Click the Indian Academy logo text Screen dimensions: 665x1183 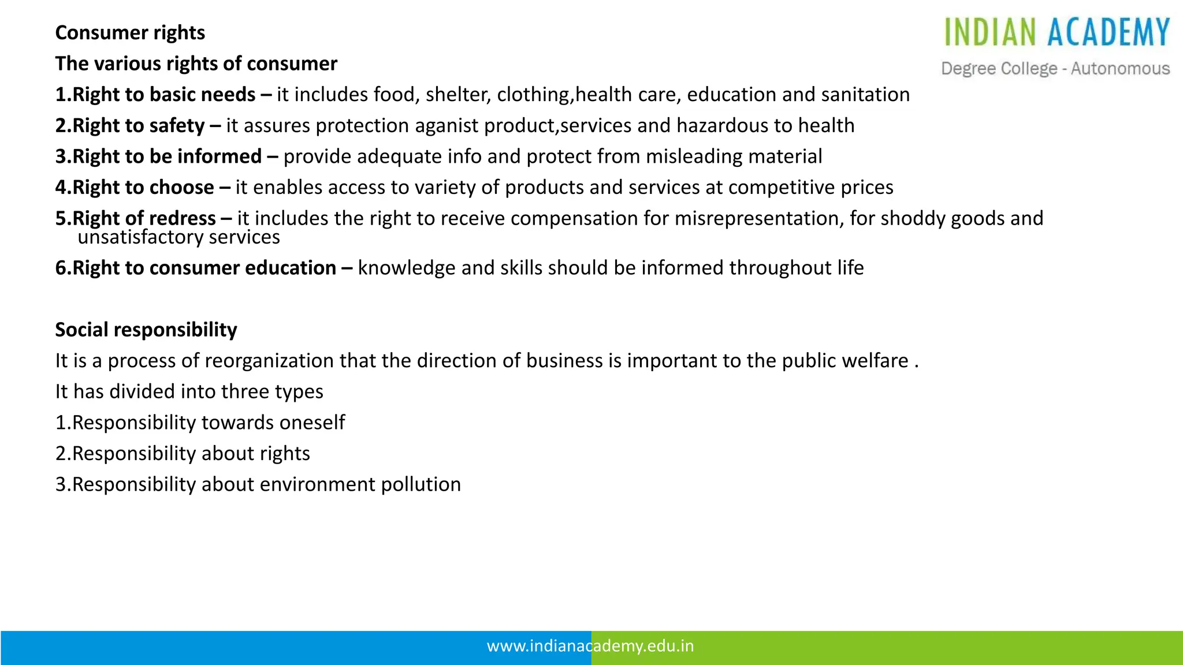point(1056,32)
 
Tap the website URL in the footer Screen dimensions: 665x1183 point(590,646)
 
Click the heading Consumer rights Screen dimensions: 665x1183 point(130,33)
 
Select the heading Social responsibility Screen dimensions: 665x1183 point(146,330)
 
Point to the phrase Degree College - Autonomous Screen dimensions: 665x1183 point(1055,69)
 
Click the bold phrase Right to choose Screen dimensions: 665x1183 point(143,188)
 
